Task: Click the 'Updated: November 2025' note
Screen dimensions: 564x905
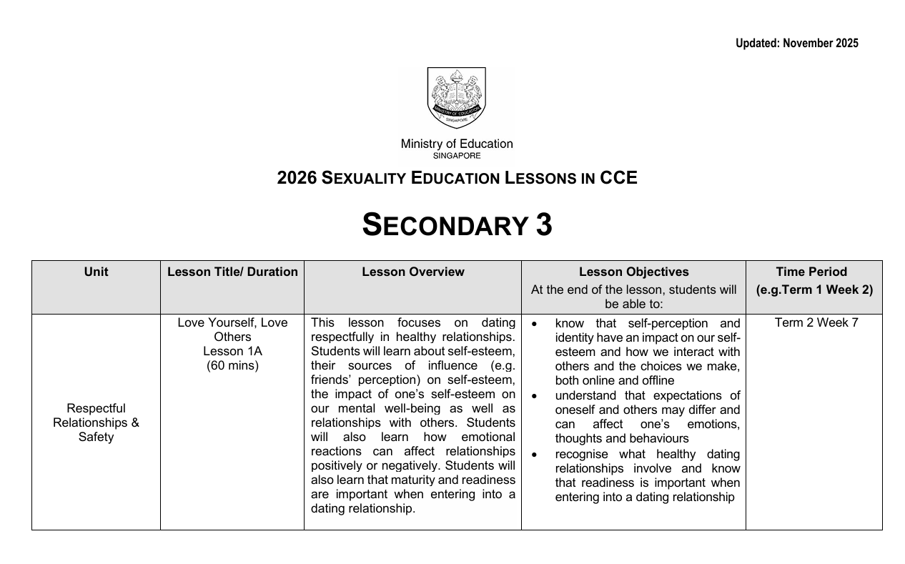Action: click(796, 44)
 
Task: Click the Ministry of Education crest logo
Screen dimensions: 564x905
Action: click(456, 98)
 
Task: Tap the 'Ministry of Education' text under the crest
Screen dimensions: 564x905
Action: click(456, 144)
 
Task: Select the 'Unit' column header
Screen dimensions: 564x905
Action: click(96, 272)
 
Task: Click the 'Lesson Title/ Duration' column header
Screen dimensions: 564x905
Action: click(232, 272)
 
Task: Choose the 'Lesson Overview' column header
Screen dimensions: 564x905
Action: click(412, 272)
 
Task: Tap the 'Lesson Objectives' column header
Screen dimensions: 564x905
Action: click(633, 272)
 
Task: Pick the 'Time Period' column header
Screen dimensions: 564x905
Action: click(811, 272)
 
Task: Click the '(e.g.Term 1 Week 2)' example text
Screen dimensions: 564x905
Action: click(814, 290)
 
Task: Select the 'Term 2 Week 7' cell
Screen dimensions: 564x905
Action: click(816, 323)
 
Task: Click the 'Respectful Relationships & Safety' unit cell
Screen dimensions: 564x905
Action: click(96, 422)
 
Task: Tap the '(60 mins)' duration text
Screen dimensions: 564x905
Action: click(232, 366)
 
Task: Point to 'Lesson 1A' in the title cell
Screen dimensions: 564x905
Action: click(232, 351)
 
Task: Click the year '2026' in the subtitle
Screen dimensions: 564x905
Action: click(297, 178)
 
